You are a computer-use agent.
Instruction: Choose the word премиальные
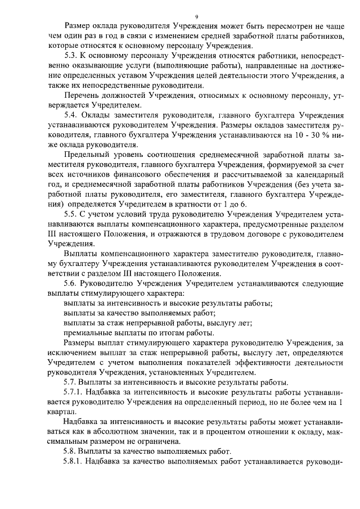click(88, 332)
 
